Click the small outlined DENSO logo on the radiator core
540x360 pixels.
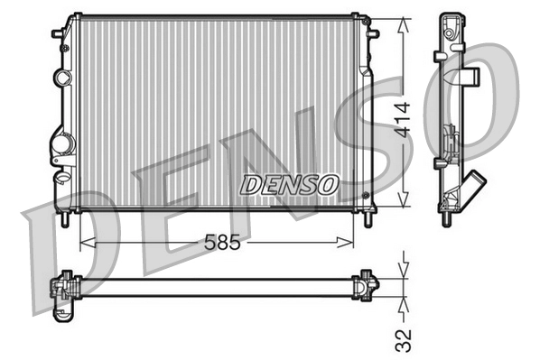click(288, 184)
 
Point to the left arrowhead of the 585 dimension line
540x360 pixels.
click(87, 241)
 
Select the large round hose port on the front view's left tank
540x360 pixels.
click(63, 144)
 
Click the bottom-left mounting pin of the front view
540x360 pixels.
click(67, 220)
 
